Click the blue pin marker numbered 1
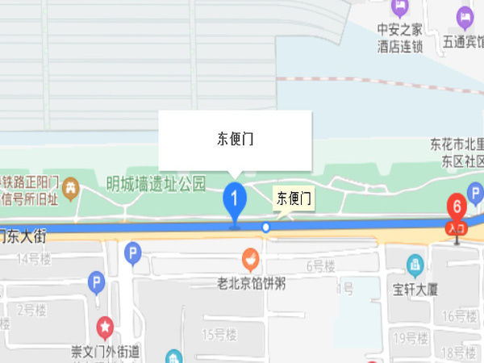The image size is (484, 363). point(235,198)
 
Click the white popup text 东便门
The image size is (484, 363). point(235,139)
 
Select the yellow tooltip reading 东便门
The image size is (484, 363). point(294,198)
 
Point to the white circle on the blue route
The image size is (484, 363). point(266,227)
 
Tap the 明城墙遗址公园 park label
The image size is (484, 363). point(156,183)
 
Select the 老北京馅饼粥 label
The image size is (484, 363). point(252,283)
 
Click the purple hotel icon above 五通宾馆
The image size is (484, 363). point(465,15)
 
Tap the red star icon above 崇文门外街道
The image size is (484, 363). point(105,328)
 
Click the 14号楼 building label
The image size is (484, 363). point(34,259)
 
